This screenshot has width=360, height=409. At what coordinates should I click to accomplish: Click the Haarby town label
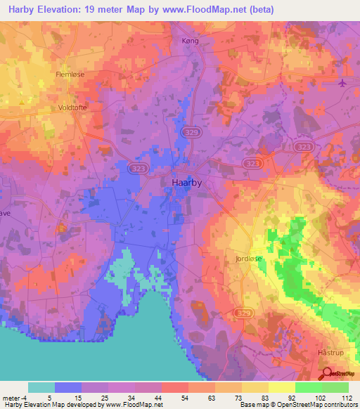pos(188,182)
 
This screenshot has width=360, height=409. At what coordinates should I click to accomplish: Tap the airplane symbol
pos(342,83)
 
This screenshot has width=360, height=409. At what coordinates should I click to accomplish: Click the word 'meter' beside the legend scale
pos(12,397)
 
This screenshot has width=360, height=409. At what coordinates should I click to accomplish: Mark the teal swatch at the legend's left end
pos(41,387)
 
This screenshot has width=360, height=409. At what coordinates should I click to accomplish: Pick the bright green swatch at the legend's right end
pos(335,387)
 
